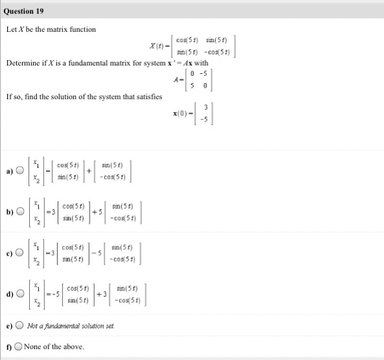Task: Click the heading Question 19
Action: tap(25, 11)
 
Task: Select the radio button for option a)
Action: tap(20, 171)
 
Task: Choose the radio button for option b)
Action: tap(20, 212)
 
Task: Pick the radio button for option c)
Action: tap(20, 254)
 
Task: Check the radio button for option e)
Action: tap(20, 327)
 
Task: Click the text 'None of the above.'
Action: tap(54, 346)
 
